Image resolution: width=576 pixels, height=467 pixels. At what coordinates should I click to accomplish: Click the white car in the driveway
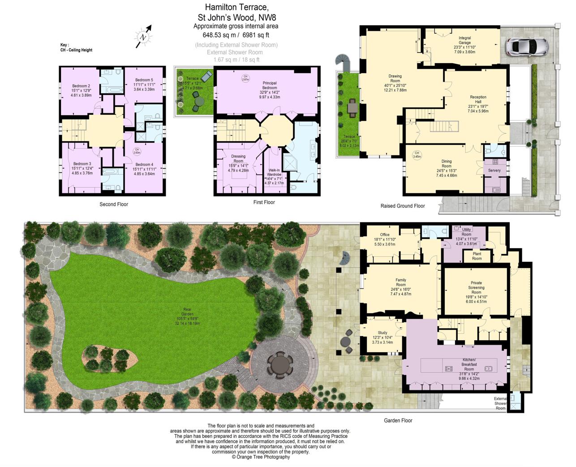point(527,46)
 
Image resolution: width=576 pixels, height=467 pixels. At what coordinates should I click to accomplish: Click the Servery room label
point(494,170)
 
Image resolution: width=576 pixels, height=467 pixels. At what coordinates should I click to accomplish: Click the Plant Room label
point(477,256)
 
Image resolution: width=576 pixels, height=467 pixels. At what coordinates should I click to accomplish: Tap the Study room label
point(382,331)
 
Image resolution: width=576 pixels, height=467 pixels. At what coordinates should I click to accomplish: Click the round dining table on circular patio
point(280,364)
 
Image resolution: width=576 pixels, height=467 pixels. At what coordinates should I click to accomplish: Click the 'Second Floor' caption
point(114,204)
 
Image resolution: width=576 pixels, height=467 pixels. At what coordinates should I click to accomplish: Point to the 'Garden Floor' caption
point(398,420)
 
